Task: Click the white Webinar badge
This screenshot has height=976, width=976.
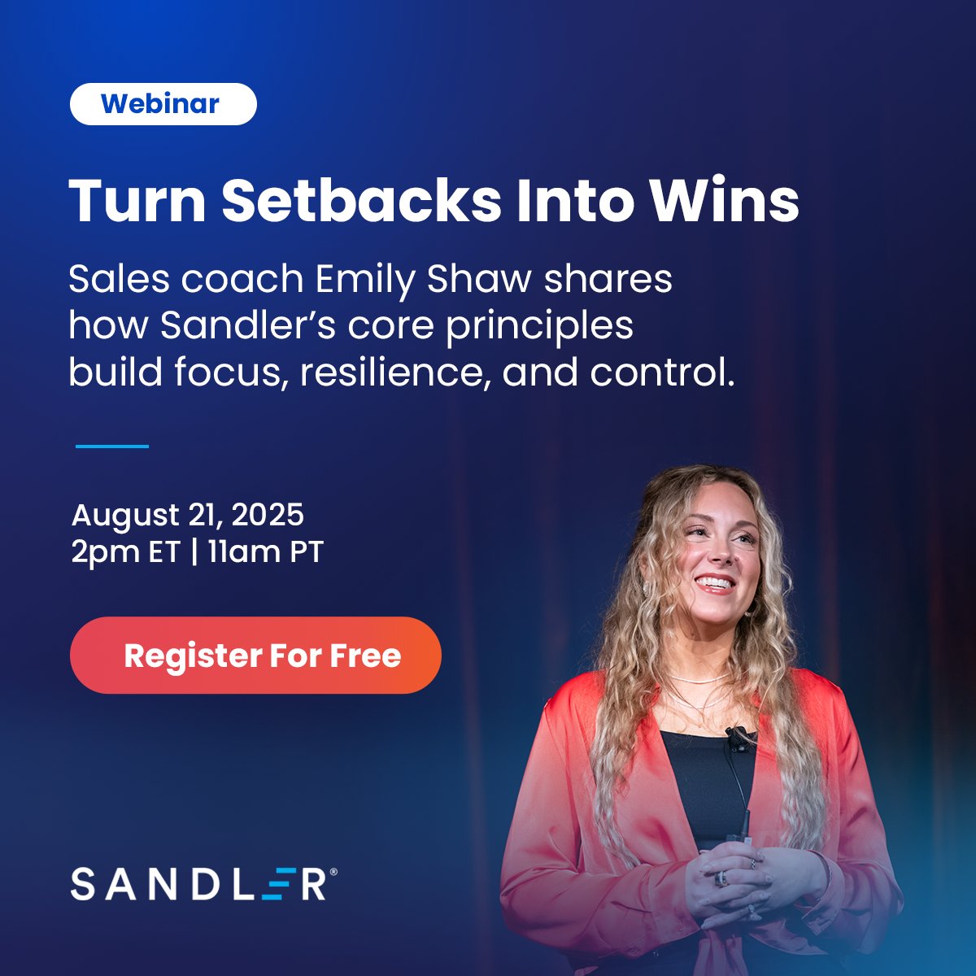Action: coord(163,104)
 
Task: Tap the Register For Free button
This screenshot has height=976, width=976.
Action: coord(255,656)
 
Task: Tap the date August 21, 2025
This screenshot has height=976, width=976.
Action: coord(188,515)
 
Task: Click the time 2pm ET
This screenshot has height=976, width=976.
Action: coord(124,552)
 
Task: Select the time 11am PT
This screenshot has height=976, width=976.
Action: coord(265,552)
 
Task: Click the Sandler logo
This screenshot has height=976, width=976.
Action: coord(199,884)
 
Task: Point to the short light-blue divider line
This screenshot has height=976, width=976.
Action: coord(112,446)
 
